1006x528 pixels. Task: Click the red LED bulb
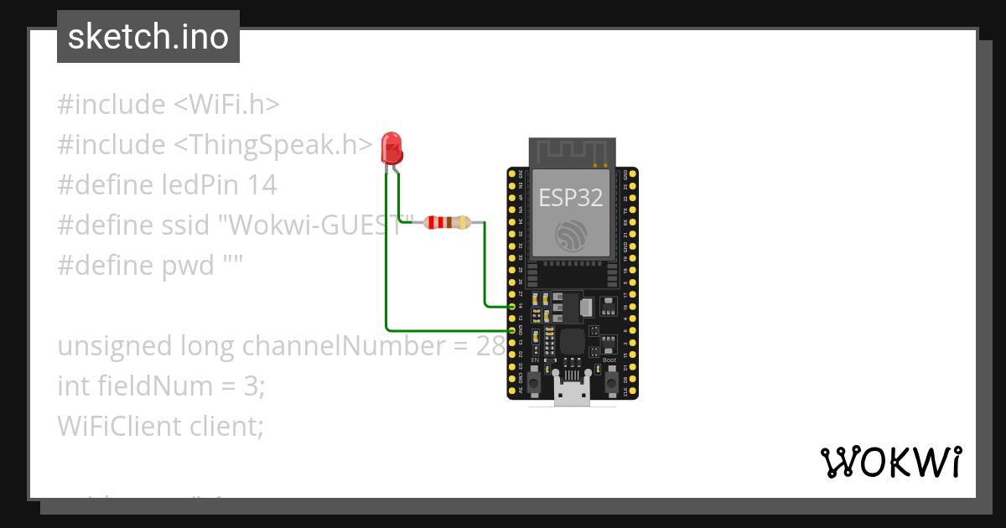(x=391, y=148)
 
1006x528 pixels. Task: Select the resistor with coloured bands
(x=446, y=223)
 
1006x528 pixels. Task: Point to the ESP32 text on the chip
(x=571, y=198)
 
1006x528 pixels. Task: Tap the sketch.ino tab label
(x=148, y=37)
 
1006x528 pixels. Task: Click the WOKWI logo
(x=891, y=462)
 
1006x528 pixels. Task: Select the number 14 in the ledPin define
(x=262, y=185)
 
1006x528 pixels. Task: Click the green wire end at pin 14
(x=511, y=307)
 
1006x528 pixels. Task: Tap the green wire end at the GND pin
(x=511, y=330)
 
